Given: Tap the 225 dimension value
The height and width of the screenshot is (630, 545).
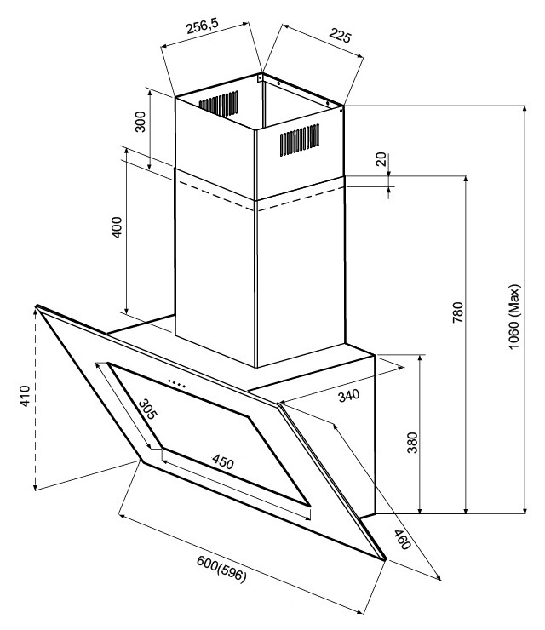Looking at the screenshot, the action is pos(340,36).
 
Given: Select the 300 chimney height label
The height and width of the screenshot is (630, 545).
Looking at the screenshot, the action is pos(141,122).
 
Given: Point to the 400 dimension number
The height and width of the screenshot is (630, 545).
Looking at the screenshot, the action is pos(117,227).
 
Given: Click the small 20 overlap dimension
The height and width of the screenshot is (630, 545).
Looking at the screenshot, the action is pos(381,159).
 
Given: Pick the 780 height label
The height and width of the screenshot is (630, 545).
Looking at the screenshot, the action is pos(458,312).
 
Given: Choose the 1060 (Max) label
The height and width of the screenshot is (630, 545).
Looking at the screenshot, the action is pos(514,317).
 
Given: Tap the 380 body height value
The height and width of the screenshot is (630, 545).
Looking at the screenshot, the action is pos(412,443).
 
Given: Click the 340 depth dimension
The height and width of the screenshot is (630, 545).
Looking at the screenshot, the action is pos(349,396).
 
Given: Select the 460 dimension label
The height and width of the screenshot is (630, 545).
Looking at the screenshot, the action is pos(402,540).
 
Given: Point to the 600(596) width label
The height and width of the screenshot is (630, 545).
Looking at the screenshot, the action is pos(221,568).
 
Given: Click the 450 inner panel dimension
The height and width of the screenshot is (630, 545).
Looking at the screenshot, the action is pos(223,461).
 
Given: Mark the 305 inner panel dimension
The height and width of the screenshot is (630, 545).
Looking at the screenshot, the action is pos(147,409).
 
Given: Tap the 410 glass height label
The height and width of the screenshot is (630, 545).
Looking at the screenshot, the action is pos(25,396).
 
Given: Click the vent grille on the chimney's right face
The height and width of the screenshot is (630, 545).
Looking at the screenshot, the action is pos(300,140).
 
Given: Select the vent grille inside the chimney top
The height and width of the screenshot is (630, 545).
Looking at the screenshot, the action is pos(218,104).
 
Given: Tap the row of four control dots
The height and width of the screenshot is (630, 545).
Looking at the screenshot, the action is pos(176,384).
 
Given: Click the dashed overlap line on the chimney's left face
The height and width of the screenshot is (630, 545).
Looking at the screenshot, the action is pos(216,196).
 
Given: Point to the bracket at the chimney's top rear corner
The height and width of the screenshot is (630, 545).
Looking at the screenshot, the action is pos(260,77).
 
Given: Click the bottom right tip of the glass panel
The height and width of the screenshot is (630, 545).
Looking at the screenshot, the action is pos(386,559).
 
